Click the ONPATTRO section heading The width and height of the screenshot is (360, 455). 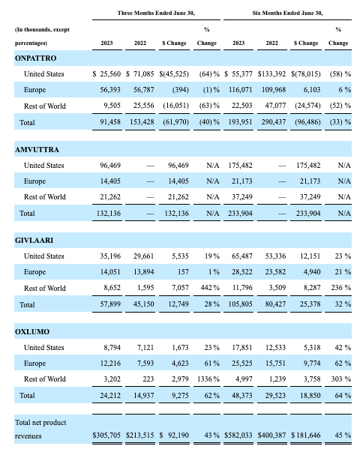pyautogui.click(x=35, y=58)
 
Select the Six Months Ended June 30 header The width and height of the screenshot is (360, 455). pyautogui.click(x=286, y=13)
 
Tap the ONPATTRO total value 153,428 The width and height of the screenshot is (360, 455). pyautogui.click(x=151, y=121)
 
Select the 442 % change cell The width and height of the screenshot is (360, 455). pyautogui.click(x=208, y=289)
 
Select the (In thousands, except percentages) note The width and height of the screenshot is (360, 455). pyautogui.click(x=43, y=36)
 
